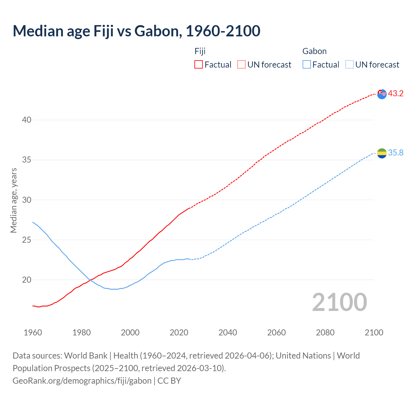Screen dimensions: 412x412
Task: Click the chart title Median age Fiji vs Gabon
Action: pos(136,31)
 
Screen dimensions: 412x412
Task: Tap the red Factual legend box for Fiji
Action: pos(199,64)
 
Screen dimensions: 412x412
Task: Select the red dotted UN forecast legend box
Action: pos(241,64)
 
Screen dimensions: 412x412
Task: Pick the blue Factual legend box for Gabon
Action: pos(307,64)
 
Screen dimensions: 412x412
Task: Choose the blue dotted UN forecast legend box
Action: pos(350,64)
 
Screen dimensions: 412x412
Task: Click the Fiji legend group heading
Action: pos(200,51)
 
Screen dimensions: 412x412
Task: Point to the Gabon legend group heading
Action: pos(314,51)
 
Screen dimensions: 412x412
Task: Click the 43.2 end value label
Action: pos(396,94)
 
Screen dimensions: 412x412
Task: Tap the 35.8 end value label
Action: pos(396,153)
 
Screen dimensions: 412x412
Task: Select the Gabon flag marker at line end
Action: pos(382,153)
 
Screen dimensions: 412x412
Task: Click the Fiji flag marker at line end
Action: pos(382,94)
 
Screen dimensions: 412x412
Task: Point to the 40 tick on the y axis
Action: pos(27,120)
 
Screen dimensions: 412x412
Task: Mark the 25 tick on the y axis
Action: pos(27,240)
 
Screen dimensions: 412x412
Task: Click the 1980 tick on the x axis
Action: pos(81,332)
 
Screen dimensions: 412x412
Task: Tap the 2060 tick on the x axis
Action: pos(276,332)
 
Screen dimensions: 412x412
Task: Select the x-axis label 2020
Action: pos(179,332)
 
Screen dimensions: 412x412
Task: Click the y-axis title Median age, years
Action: pos(14,200)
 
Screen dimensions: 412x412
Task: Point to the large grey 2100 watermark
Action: pos(340,302)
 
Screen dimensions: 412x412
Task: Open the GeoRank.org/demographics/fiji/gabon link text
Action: pos(82,381)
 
